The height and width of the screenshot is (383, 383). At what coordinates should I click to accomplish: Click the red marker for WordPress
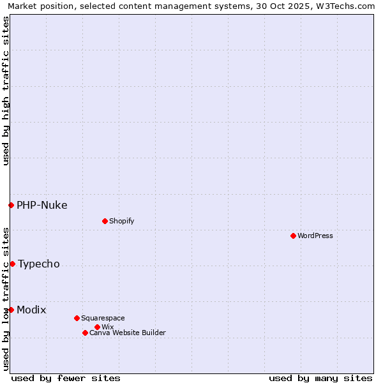point(293,236)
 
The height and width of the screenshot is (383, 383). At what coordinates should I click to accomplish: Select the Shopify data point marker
point(105,221)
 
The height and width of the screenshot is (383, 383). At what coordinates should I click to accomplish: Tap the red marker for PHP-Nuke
point(11,205)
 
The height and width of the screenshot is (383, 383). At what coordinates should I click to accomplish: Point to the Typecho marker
point(12,264)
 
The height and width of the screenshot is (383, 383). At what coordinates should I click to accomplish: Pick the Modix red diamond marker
point(11,310)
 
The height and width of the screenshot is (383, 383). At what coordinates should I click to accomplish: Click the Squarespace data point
point(77,318)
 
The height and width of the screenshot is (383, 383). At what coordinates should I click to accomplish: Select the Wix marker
point(97,327)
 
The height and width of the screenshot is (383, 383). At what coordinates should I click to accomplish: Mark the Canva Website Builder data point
point(85,333)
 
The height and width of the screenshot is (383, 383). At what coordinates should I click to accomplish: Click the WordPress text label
point(315,236)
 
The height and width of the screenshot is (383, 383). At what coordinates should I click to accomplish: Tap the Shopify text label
point(121,221)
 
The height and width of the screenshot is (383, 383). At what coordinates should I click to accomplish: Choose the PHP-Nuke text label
point(42,205)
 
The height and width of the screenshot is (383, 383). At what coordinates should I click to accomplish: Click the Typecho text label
point(39,264)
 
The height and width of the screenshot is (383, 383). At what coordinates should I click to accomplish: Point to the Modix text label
point(31,310)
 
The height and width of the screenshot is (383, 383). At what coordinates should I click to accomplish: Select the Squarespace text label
point(103,318)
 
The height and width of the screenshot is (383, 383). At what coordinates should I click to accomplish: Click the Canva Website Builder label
point(128,333)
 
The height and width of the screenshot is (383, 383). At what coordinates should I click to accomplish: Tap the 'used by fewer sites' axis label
point(66,378)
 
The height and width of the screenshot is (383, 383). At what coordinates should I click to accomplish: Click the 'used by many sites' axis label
point(320,378)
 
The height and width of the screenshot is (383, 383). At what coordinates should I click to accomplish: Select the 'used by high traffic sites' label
point(6,91)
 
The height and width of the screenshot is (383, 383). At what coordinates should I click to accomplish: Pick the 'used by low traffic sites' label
point(6,298)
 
